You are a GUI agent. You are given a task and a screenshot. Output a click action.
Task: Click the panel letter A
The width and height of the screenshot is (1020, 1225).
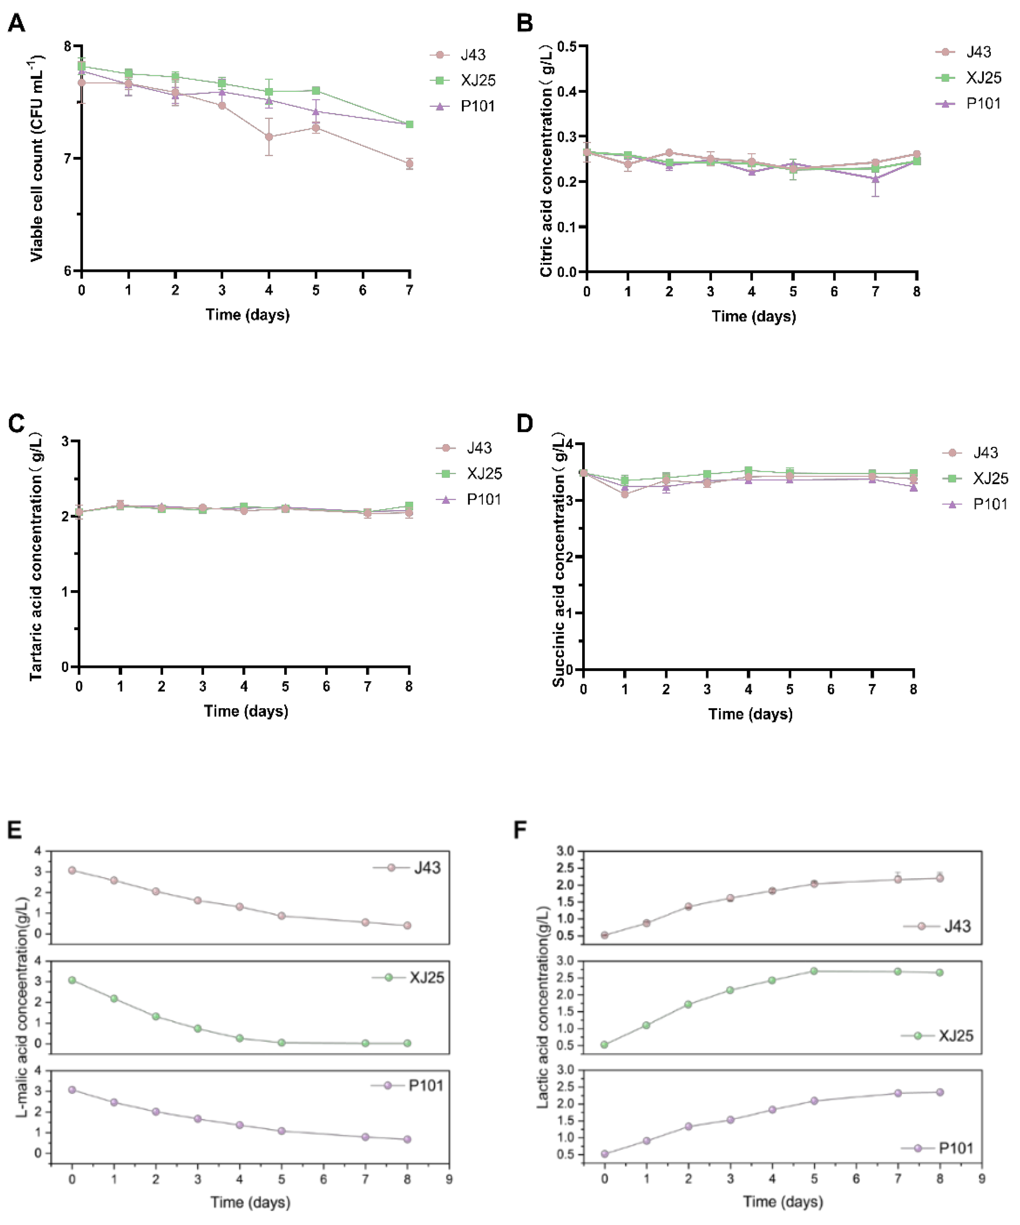16,23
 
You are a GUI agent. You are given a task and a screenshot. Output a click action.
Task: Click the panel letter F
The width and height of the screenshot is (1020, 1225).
521,829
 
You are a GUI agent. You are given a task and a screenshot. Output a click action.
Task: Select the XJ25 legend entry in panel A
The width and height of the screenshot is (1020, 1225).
477,81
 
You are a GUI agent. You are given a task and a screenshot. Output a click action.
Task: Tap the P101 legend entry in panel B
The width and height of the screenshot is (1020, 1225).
983,104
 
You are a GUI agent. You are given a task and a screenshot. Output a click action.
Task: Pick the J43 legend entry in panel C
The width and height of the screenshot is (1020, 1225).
478,448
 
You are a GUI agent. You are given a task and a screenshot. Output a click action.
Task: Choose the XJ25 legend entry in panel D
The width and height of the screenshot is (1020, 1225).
990,478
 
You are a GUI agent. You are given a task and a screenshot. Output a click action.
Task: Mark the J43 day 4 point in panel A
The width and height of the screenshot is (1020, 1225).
269,137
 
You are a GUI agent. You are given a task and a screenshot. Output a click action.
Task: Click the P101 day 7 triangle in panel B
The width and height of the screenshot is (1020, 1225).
875,179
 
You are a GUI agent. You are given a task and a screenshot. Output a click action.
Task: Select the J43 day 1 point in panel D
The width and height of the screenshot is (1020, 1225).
625,494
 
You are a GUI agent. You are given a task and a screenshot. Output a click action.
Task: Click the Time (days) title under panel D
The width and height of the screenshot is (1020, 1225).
750,714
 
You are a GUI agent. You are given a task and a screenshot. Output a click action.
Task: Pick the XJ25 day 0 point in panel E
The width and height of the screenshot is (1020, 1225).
72,980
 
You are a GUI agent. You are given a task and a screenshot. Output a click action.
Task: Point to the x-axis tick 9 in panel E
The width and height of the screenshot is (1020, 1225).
449,1179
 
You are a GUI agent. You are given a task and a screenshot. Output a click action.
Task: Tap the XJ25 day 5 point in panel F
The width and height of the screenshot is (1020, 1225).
814,971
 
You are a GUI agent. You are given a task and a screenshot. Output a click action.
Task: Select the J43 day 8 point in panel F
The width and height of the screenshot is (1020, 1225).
939,878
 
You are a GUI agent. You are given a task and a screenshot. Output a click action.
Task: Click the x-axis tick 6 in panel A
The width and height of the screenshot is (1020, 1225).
363,290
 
